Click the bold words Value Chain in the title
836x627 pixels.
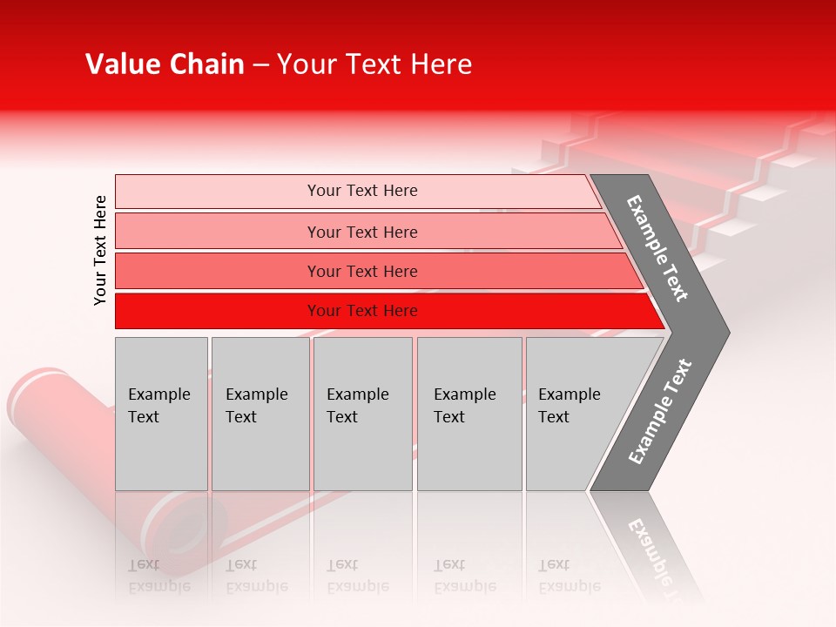(x=165, y=64)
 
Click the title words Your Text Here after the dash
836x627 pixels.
(x=374, y=64)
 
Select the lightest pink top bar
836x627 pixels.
(x=218, y=192)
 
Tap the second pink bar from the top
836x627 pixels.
(x=218, y=232)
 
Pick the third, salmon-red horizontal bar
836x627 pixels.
(x=218, y=271)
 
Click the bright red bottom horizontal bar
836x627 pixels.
(x=218, y=311)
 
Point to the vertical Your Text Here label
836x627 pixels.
(x=100, y=250)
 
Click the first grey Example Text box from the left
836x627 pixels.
(x=161, y=414)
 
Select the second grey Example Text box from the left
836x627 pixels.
(x=260, y=414)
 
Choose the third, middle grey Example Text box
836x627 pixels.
(x=362, y=414)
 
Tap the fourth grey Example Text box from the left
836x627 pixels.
(x=469, y=414)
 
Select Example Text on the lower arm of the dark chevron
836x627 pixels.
(x=660, y=412)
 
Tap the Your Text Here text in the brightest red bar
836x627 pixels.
(x=362, y=311)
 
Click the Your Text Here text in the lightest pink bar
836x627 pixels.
(x=362, y=191)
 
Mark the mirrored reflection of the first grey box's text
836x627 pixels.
(x=158, y=576)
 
